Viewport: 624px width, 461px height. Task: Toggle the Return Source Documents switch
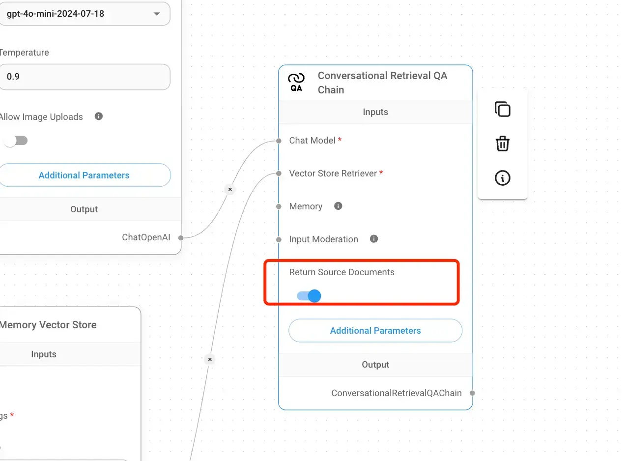click(x=309, y=296)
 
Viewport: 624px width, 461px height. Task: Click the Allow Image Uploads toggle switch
click(x=16, y=141)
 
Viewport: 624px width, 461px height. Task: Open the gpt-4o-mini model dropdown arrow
click(x=157, y=14)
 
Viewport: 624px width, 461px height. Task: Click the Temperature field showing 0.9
click(x=85, y=77)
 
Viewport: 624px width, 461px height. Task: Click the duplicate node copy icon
click(x=503, y=109)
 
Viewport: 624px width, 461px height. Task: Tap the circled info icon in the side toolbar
click(x=503, y=178)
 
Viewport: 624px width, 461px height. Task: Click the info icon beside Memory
click(x=338, y=206)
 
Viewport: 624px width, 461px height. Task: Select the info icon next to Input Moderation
click(x=374, y=239)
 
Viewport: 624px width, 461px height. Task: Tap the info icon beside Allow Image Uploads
click(x=98, y=116)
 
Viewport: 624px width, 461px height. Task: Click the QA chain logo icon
click(x=296, y=82)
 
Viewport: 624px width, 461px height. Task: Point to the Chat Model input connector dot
click(x=279, y=141)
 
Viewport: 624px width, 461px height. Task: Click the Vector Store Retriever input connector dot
click(x=279, y=173)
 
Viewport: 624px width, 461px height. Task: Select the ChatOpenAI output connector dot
click(x=181, y=238)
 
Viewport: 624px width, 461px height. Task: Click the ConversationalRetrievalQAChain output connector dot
click(x=472, y=393)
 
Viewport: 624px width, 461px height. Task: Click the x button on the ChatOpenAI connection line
click(x=230, y=189)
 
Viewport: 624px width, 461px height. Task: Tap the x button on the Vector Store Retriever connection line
click(x=210, y=359)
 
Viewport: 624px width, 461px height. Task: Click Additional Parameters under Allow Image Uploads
click(x=85, y=175)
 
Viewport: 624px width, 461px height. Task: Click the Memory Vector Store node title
click(x=48, y=325)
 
